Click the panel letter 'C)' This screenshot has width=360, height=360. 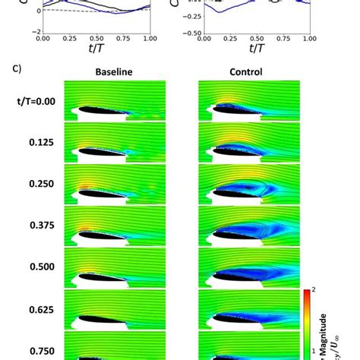(x=16, y=68)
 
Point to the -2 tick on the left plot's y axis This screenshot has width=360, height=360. (x=35, y=32)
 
